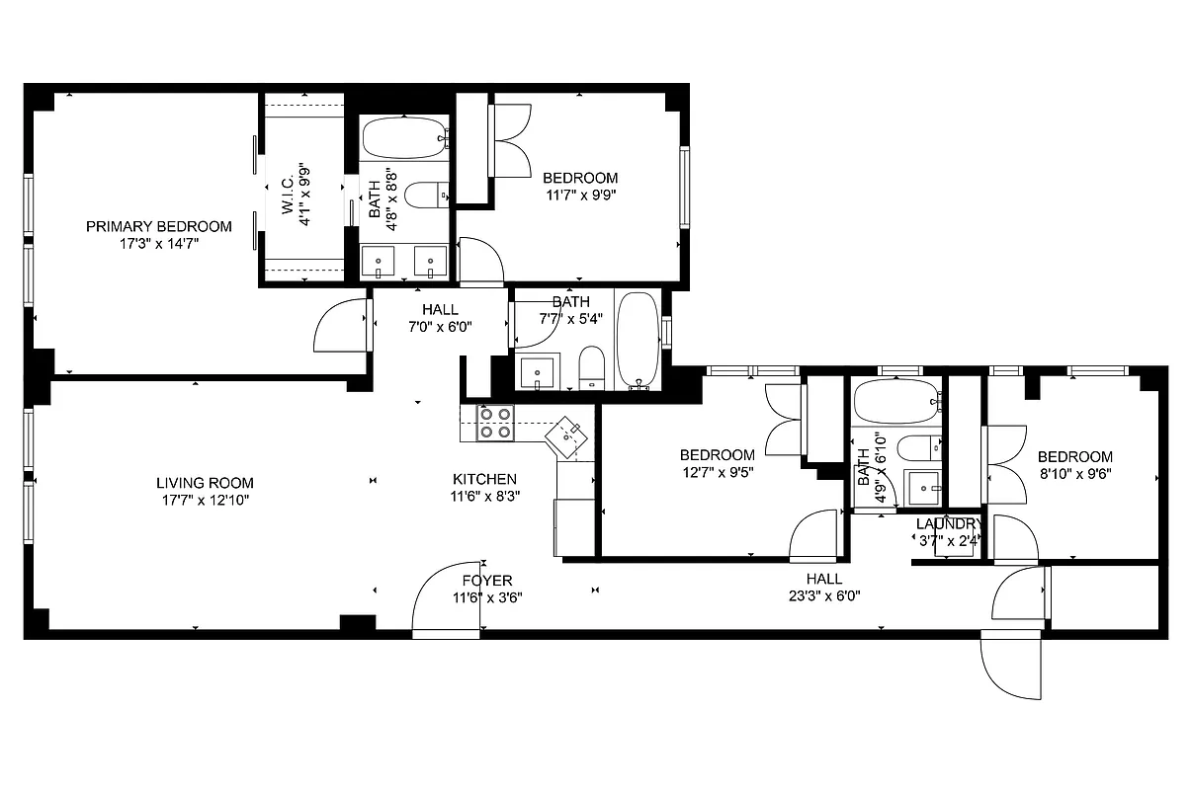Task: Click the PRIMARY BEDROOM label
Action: click(x=158, y=226)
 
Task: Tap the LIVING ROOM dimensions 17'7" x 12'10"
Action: click(x=205, y=500)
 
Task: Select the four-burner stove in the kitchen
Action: click(x=495, y=423)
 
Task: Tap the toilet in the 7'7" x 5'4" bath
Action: click(x=591, y=366)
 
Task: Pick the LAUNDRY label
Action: click(x=947, y=523)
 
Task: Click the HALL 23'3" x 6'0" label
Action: click(x=823, y=579)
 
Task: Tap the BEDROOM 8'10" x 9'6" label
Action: click(x=1074, y=456)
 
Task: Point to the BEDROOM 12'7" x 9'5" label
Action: click(x=717, y=454)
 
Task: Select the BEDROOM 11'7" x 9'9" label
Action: click(x=580, y=178)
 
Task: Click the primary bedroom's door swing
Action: click(x=341, y=326)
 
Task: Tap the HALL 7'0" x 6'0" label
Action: click(x=440, y=310)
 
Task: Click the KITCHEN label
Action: click(x=484, y=479)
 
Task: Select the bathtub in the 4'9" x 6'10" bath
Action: click(x=894, y=401)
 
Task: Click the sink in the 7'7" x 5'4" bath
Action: click(x=538, y=372)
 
